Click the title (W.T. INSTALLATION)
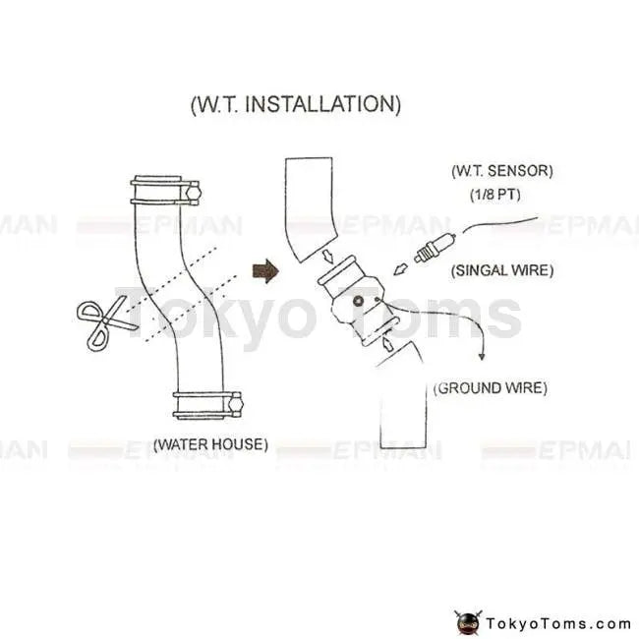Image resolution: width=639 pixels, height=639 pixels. [294, 104]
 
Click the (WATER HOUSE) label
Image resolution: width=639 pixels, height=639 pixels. [210, 444]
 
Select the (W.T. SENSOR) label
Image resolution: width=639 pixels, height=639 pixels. [501, 171]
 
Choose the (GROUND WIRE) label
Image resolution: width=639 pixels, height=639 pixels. [491, 388]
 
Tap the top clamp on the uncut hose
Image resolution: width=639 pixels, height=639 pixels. [166, 190]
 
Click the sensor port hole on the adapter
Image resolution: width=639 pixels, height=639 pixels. [360, 301]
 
